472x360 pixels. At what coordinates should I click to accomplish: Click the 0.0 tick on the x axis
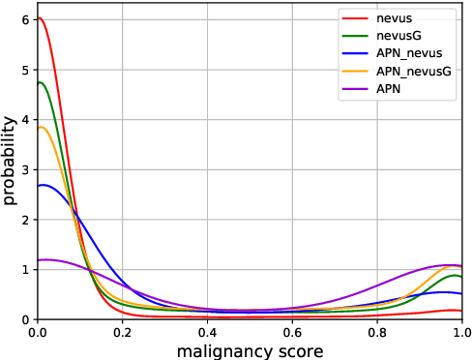point(37,331)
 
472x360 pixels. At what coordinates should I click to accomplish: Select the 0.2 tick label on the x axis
point(122,331)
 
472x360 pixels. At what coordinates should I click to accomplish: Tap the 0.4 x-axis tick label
point(207,331)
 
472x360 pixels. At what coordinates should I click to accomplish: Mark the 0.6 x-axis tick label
point(292,331)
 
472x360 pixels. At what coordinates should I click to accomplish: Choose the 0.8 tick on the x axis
point(377,331)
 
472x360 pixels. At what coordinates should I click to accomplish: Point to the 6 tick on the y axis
point(25,19)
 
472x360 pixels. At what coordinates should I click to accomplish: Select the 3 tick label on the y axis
point(25,169)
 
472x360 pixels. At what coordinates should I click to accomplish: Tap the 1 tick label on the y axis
point(25,269)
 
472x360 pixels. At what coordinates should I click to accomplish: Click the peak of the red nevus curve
point(38,17)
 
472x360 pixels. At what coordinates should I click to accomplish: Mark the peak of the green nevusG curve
point(40,82)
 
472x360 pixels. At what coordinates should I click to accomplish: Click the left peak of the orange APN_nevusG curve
point(41,127)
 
